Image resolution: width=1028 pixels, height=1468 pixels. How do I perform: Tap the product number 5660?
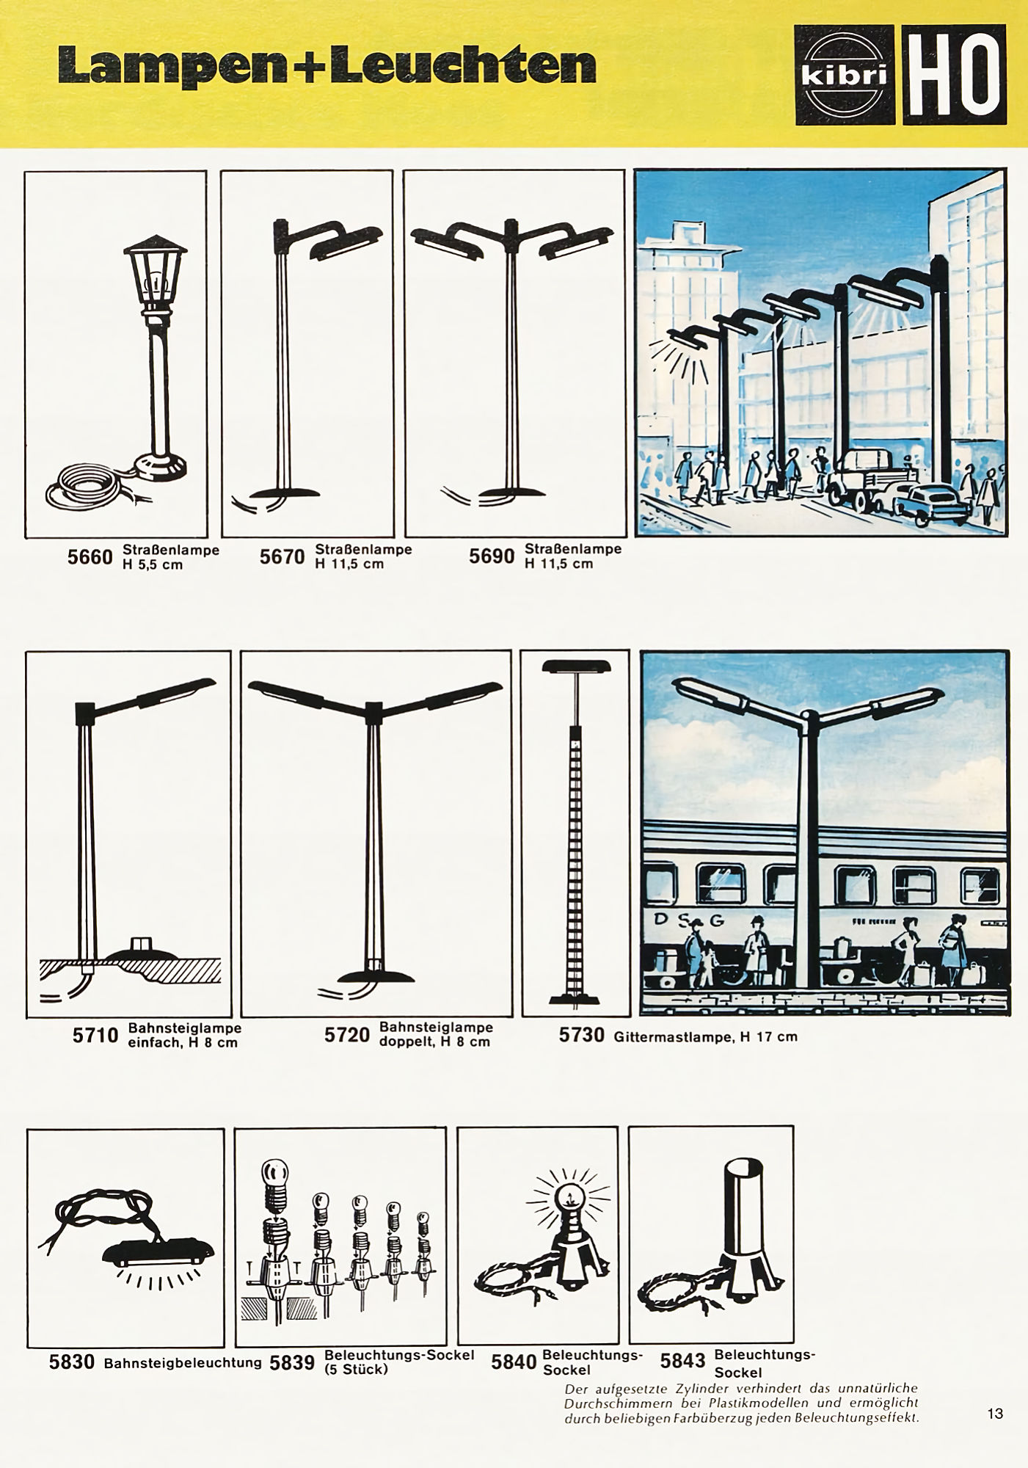(90, 557)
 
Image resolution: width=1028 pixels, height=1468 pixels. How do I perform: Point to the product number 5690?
(492, 556)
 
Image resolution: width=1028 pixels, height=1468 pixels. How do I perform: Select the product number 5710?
(95, 1035)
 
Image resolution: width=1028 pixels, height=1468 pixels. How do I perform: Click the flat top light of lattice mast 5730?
(576, 666)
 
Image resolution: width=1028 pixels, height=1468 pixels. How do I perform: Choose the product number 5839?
(291, 1362)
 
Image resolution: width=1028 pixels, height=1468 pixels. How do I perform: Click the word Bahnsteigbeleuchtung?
(183, 1362)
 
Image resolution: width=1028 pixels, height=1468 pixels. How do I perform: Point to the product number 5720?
(347, 1035)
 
